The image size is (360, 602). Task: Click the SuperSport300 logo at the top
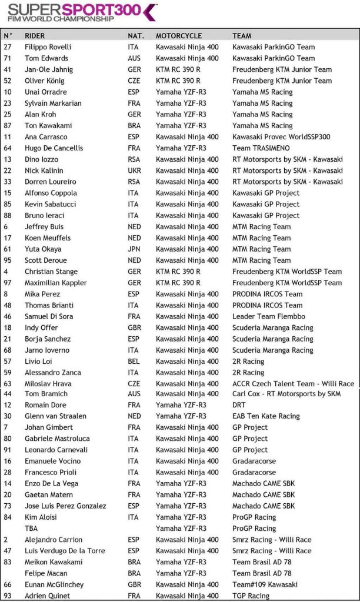point(83,12)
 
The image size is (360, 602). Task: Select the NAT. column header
point(136,36)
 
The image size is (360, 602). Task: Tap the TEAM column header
point(242,36)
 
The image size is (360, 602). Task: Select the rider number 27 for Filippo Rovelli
point(8,47)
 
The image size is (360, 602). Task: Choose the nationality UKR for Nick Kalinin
point(135,170)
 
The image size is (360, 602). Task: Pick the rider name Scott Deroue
point(46,260)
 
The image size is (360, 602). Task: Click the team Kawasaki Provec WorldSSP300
point(281,137)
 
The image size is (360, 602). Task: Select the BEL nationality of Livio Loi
point(134,362)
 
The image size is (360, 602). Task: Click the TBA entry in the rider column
point(32,529)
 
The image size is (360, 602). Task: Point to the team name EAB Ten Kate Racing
point(266,416)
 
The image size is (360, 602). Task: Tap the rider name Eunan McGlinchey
point(54,585)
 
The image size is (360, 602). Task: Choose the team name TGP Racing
point(251,596)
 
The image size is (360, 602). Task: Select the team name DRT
point(240,405)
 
